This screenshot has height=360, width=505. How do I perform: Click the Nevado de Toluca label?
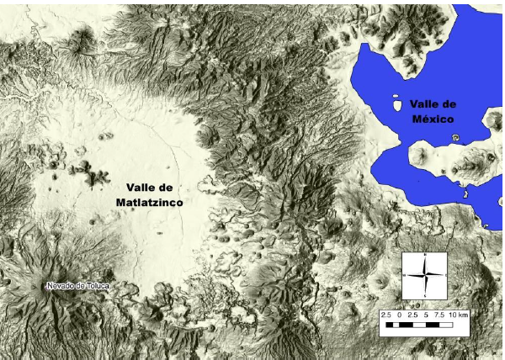click(x=78, y=286)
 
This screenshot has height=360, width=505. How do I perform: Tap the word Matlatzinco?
click(x=151, y=203)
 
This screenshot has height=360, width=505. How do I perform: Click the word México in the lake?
click(x=433, y=119)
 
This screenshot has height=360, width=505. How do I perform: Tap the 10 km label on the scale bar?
click(x=458, y=314)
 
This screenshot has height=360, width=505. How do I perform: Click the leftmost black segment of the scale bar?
click(x=389, y=323)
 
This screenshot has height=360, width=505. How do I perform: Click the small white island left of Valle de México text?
click(x=396, y=106)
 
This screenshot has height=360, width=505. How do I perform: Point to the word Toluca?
click(x=94, y=286)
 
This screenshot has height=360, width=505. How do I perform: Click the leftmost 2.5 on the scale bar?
click(x=385, y=314)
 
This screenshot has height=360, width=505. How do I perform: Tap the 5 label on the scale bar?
click(x=426, y=314)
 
